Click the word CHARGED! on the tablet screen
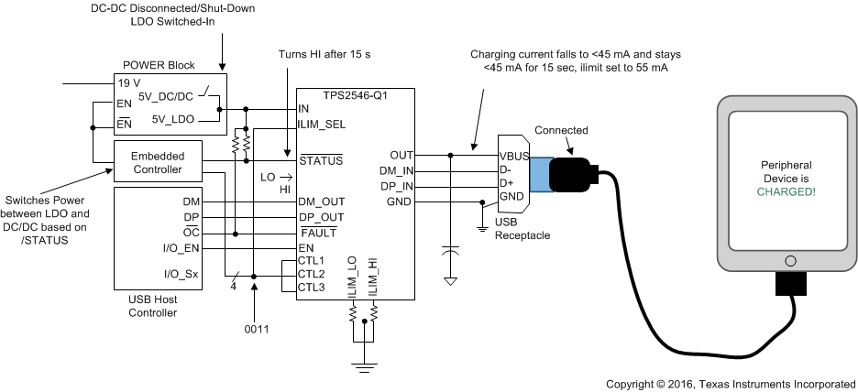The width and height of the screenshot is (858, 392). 786,192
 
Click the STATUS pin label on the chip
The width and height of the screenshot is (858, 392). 321,161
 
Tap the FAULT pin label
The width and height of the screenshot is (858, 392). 317,233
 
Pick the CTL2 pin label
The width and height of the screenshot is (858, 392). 312,274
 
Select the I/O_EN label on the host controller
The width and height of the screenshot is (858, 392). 180,248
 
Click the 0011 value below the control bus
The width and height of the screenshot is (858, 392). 256,328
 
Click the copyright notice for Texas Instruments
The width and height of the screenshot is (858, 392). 731,383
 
